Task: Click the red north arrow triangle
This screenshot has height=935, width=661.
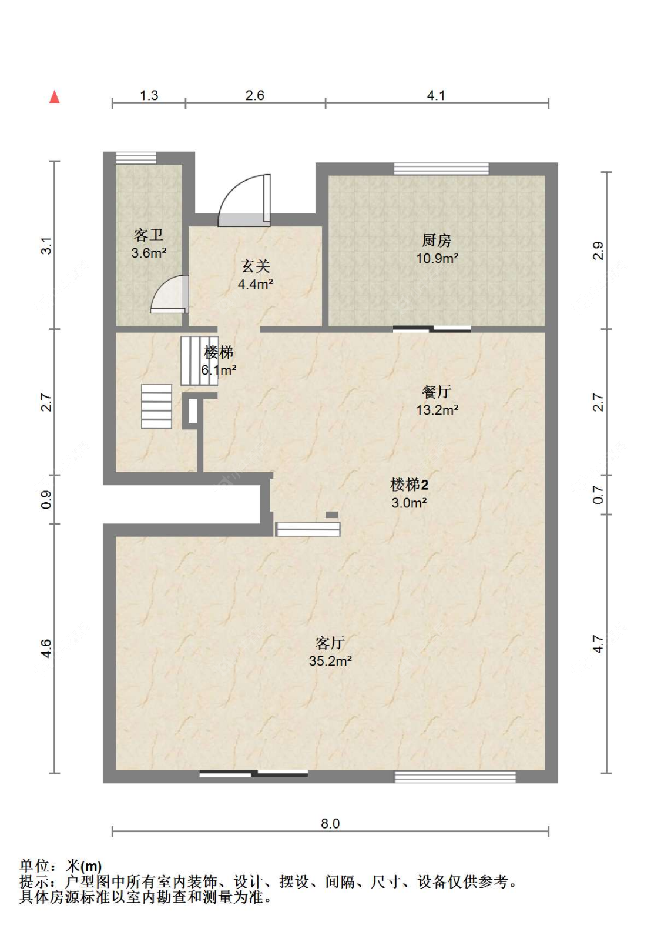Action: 55,97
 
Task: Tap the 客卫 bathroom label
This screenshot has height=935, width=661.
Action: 149,235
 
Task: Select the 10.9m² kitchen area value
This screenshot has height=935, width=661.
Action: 437,258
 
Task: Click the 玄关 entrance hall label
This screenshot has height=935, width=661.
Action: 256,266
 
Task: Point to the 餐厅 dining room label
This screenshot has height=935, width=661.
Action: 437,392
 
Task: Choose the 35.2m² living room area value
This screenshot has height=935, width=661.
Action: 330,661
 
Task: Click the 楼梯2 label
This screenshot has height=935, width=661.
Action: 409,485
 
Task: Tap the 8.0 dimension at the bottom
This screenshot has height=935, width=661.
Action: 330,823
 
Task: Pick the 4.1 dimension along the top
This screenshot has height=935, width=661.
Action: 436,96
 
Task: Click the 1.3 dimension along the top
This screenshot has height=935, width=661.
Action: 149,96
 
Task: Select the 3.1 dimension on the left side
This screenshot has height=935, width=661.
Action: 46,245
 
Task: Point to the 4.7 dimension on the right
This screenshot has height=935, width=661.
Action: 598,645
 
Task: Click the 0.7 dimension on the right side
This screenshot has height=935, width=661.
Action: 598,495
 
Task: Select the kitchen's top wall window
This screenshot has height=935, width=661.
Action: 441,169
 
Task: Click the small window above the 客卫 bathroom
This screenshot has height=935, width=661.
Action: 136,158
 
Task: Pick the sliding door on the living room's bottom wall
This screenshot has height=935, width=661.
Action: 254,773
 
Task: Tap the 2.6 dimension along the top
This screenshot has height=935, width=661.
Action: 255,96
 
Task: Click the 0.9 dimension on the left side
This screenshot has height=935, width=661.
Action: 46,500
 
